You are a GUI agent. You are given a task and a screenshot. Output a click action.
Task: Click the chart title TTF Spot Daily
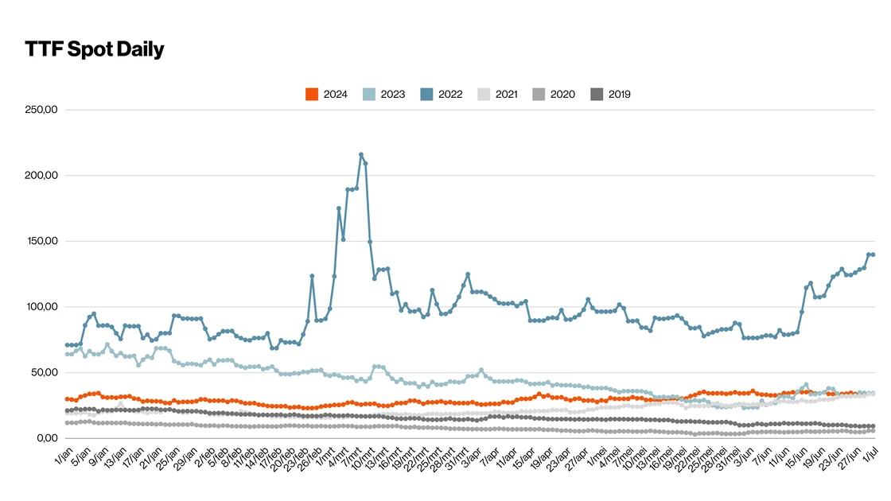[95, 49]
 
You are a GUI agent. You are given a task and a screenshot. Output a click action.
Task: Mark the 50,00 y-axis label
[45, 372]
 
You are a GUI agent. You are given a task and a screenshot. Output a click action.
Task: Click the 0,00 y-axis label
[48, 438]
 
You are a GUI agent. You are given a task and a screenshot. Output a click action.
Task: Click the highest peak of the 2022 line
[361, 154]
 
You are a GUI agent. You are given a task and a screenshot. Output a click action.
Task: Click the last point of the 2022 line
[873, 254]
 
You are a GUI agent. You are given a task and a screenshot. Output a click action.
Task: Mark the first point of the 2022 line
[67, 345]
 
